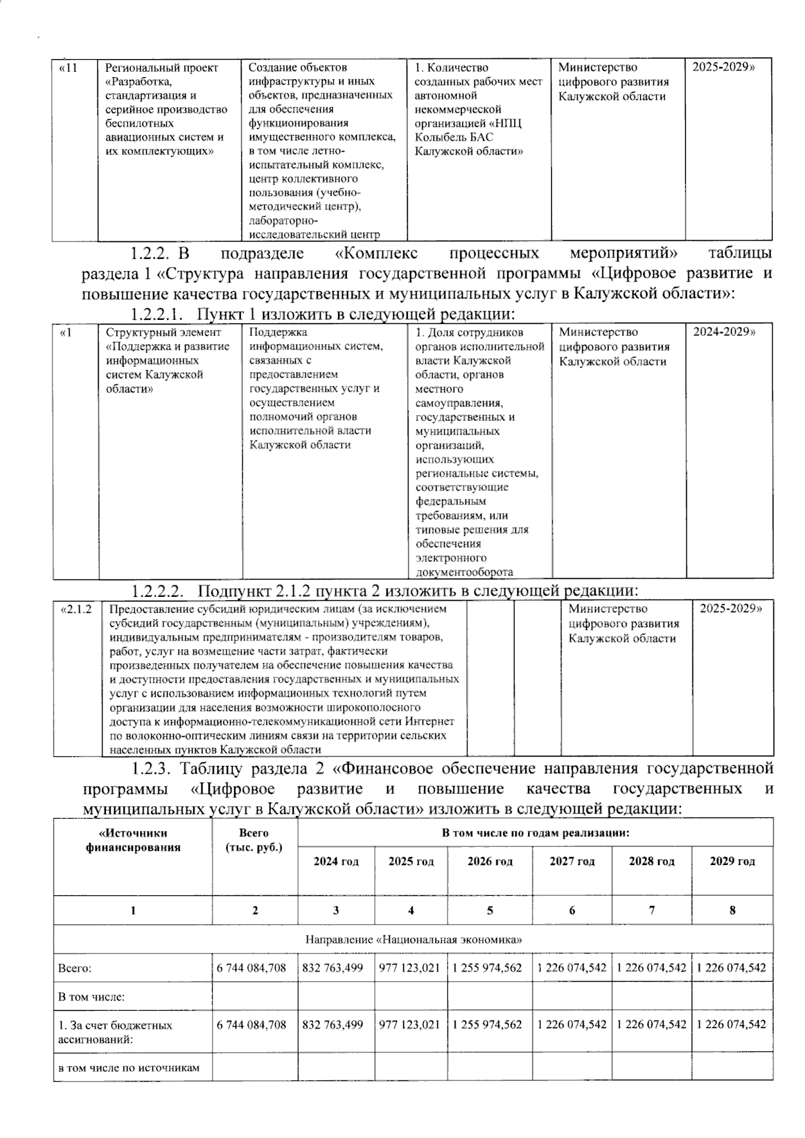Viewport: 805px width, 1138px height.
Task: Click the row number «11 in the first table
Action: point(69,68)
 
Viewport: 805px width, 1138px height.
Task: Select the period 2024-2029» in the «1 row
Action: point(724,332)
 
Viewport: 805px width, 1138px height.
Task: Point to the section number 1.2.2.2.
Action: point(157,591)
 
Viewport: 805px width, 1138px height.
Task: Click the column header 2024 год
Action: point(336,861)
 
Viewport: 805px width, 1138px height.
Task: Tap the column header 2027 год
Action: point(572,861)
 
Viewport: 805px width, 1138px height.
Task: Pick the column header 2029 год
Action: point(732,861)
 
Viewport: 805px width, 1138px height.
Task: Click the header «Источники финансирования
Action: point(133,840)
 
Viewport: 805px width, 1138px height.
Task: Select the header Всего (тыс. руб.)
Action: point(254,840)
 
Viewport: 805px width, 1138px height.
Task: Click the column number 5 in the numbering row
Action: point(490,910)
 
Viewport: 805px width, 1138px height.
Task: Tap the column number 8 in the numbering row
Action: point(732,910)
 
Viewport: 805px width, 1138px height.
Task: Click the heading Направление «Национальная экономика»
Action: point(413,940)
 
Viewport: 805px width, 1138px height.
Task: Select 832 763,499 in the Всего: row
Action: point(333,968)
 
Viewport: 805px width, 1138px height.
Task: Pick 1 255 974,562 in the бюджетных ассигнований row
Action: point(487,1025)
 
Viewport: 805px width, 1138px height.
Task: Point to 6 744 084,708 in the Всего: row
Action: point(252,968)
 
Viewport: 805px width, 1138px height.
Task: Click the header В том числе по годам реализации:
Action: point(535,833)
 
